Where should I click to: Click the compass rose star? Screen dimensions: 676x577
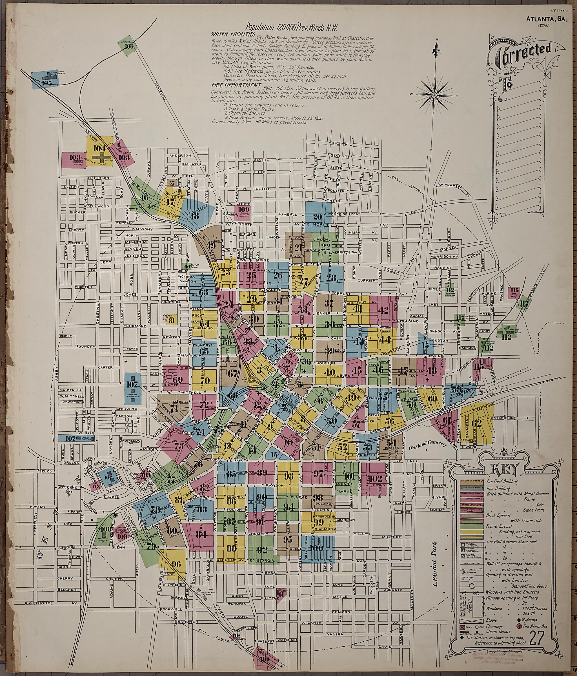click(434, 95)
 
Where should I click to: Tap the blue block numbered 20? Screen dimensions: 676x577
click(318, 217)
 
